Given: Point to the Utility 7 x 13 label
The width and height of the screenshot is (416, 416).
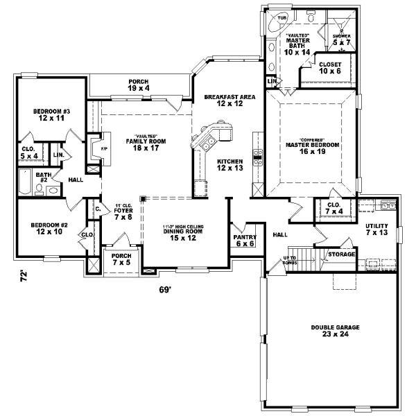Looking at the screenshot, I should [x=380, y=230].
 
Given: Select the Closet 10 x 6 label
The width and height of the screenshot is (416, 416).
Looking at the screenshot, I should [x=331, y=67].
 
